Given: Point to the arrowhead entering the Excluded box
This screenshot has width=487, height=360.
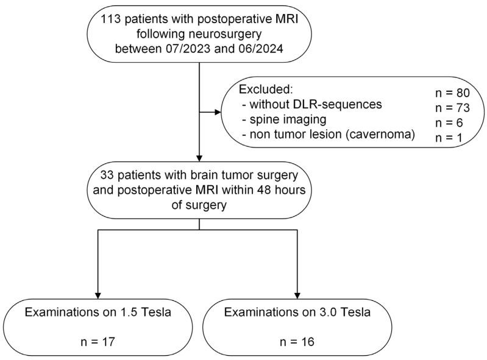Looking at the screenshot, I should tap(221, 113).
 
